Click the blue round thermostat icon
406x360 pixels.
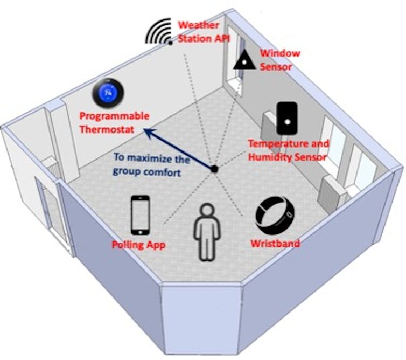tap(109, 93)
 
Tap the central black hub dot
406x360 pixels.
tap(214, 169)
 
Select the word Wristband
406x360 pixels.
tap(275, 244)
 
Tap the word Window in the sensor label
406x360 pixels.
tap(280, 54)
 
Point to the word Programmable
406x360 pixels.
tap(114, 116)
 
